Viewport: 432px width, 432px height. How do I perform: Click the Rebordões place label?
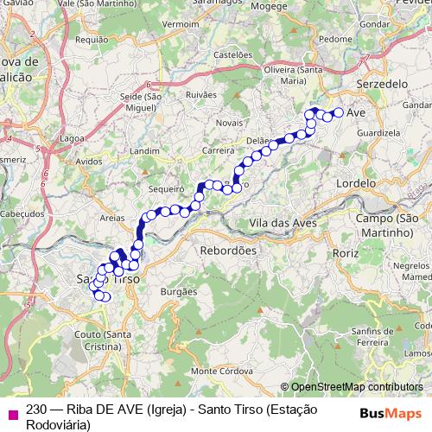point(229,250)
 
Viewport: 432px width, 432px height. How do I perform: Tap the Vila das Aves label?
point(283,223)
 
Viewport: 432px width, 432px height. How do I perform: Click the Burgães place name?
point(179,293)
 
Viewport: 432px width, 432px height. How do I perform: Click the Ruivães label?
point(200,93)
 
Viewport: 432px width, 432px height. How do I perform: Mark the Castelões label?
point(232,54)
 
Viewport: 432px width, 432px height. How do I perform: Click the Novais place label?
point(230,123)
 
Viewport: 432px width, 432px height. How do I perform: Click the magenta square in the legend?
point(12,413)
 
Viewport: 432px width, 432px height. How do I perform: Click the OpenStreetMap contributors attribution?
point(356,387)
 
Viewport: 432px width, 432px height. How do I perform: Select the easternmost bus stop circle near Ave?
point(339,112)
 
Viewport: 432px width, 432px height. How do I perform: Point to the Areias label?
point(112,219)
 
